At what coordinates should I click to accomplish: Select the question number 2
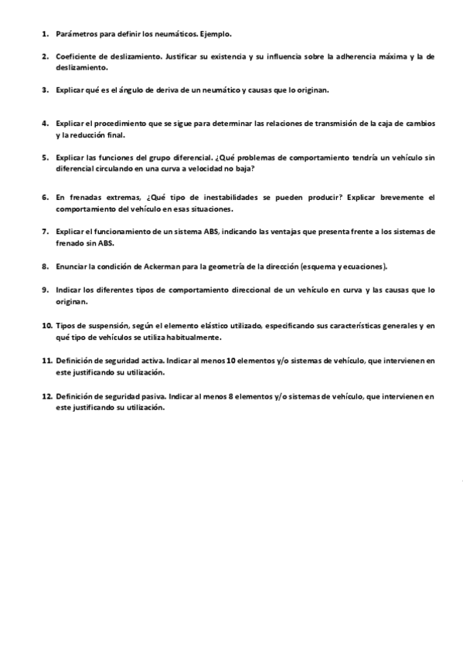(46, 56)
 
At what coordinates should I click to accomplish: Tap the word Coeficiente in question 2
(76, 56)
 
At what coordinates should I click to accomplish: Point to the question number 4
(46, 123)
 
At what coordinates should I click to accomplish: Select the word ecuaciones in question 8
(360, 266)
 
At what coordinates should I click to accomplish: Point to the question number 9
(46, 290)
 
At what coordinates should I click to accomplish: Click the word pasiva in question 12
(151, 395)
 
